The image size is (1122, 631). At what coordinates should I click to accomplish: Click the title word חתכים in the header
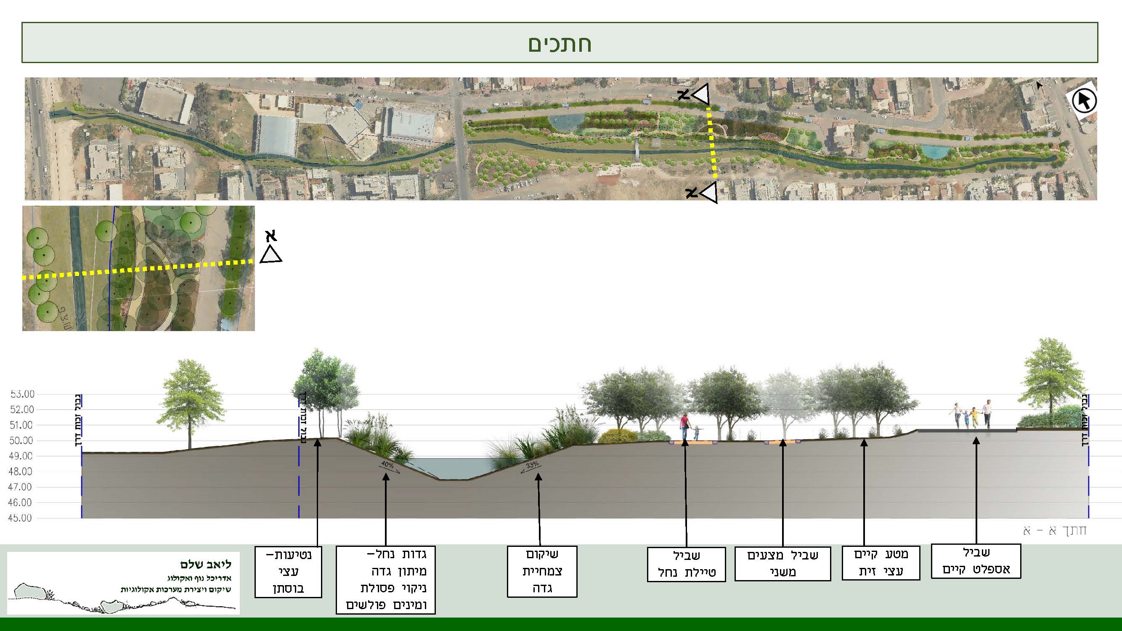[x=560, y=44]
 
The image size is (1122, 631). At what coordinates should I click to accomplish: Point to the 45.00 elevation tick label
[x=20, y=518]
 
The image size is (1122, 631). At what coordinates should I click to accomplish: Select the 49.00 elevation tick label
[x=21, y=456]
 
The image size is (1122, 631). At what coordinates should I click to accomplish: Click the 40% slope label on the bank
[x=387, y=465]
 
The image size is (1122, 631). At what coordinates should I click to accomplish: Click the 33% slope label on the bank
[x=532, y=466]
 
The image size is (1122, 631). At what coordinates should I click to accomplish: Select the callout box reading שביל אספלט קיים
[x=976, y=561]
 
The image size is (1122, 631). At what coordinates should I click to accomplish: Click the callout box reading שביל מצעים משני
[x=782, y=564]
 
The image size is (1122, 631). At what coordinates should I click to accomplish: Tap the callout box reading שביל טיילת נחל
[x=686, y=564]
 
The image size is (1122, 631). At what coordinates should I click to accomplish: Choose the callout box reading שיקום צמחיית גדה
[x=542, y=571]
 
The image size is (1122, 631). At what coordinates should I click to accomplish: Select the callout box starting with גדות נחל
[x=385, y=580]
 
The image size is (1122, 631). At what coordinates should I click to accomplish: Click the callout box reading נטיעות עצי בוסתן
[x=288, y=571]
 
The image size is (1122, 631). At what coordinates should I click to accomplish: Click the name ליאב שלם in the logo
[x=206, y=565]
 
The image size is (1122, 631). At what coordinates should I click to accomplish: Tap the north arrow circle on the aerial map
[x=1084, y=101]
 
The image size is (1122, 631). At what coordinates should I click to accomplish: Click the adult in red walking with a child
[x=685, y=426]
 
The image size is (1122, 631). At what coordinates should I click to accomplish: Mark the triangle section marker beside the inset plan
[x=271, y=255]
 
